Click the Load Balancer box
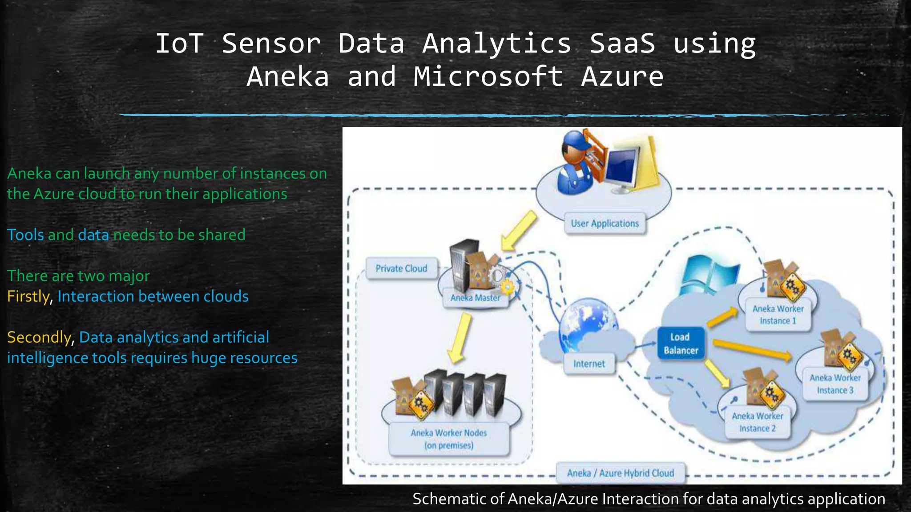click(x=681, y=344)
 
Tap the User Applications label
click(x=605, y=224)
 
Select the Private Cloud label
click(x=401, y=268)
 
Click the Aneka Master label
click(x=475, y=298)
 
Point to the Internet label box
click(x=589, y=364)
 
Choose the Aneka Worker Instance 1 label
click(x=778, y=315)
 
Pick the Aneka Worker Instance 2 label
click(x=758, y=422)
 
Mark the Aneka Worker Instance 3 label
click(x=835, y=384)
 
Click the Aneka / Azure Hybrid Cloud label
click(x=621, y=473)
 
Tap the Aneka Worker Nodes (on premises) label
click(x=449, y=439)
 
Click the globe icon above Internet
click(x=588, y=324)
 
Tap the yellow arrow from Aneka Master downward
click(x=460, y=338)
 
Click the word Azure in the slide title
click(x=622, y=76)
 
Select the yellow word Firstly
click(x=28, y=296)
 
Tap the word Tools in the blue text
click(x=25, y=235)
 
